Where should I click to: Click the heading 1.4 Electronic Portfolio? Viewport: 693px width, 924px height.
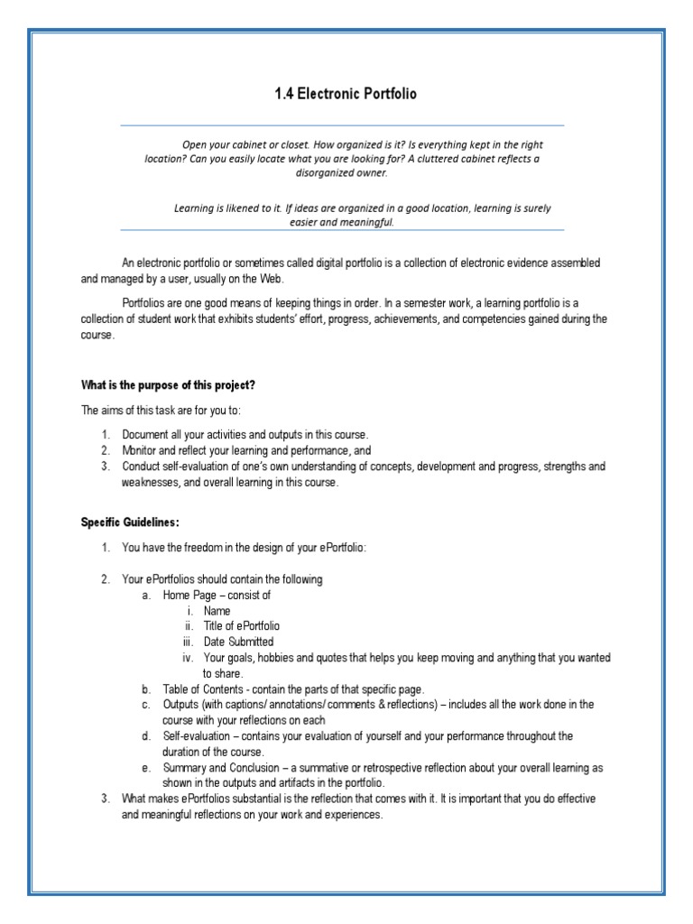coord(346,94)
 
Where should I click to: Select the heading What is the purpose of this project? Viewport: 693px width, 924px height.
coord(168,385)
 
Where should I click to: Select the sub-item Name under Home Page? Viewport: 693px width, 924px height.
coord(217,611)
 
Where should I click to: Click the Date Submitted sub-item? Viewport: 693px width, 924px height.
coord(238,642)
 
